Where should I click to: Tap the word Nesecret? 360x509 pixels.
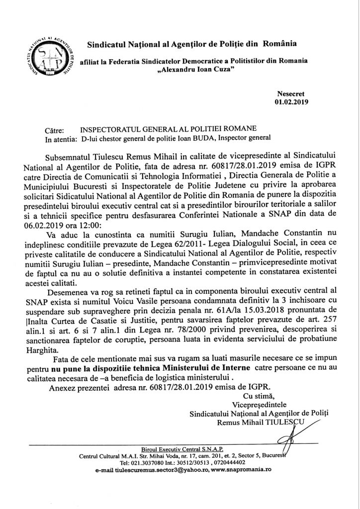(x=294, y=93)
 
